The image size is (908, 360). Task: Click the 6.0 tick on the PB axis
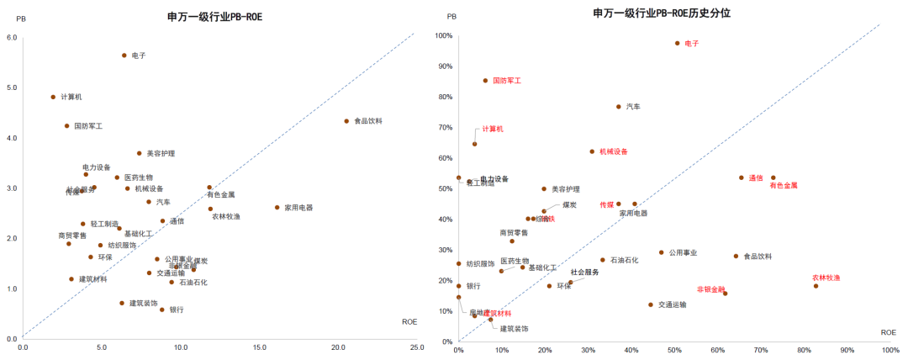coord(12,37)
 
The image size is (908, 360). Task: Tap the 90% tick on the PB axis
coord(442,66)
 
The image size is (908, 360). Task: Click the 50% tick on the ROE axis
coord(675,351)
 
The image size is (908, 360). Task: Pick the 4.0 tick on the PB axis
coord(12,138)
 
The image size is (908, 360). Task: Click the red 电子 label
coord(692,43)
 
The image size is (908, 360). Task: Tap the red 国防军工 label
coord(507,81)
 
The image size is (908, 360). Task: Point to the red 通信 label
coord(756,177)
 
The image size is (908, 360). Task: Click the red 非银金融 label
coord(711,289)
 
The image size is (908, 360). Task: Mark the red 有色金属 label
coord(783,185)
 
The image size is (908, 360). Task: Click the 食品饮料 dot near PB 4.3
coord(346,121)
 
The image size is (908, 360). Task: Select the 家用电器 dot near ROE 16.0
coord(277,208)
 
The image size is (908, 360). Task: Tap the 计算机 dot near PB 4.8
coord(53,97)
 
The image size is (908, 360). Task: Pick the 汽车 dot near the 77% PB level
coord(618,107)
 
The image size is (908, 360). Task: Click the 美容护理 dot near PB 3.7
coord(140,153)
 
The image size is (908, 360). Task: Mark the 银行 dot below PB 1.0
coord(162,310)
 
